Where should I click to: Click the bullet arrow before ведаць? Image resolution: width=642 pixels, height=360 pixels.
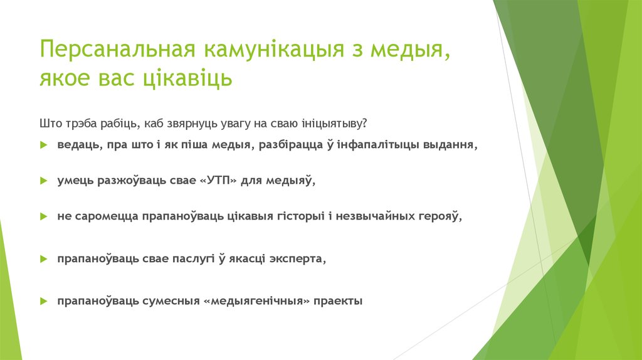pyautogui.click(x=43, y=145)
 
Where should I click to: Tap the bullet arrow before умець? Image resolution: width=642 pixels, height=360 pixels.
pyautogui.click(x=43, y=181)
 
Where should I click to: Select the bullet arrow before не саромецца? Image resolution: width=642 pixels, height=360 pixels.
pyautogui.click(x=43, y=216)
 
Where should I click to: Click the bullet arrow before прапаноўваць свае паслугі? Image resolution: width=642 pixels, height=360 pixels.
pyautogui.click(x=43, y=258)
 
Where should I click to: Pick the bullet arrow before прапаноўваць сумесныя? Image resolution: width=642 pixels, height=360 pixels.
pyautogui.click(x=43, y=301)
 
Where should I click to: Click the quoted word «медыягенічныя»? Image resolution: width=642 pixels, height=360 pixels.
pyautogui.click(x=257, y=301)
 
